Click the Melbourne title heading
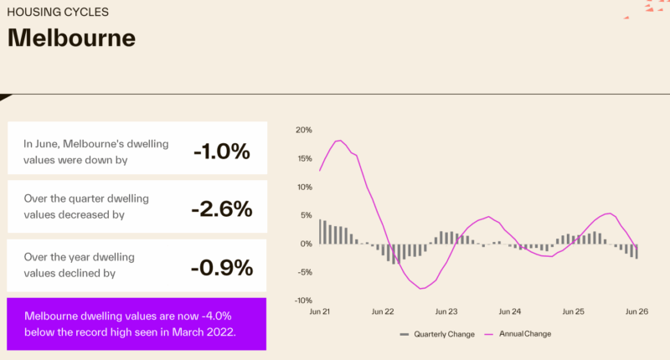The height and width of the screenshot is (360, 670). (x=71, y=38)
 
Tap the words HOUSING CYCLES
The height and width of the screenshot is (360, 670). (x=58, y=12)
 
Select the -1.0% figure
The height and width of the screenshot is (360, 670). (x=222, y=152)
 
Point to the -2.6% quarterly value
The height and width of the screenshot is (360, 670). (x=222, y=209)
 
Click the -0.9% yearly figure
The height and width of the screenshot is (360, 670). (x=222, y=268)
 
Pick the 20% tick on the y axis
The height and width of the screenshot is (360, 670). (x=304, y=130)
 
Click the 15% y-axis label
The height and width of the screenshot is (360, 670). (x=304, y=158)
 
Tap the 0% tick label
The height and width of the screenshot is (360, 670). (x=306, y=244)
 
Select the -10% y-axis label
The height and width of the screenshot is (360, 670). (x=303, y=301)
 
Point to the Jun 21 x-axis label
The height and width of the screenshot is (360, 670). (x=320, y=311)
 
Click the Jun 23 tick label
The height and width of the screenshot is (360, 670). (x=446, y=311)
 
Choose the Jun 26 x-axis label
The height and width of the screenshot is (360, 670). (x=636, y=311)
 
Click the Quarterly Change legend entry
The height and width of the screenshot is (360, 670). (x=437, y=334)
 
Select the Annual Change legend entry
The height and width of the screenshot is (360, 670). (x=518, y=334)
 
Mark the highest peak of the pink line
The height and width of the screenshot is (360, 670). (x=339, y=141)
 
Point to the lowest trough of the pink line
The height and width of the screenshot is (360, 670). (x=421, y=289)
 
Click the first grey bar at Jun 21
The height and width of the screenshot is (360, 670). (x=320, y=231)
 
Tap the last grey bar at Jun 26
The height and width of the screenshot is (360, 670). (x=636, y=251)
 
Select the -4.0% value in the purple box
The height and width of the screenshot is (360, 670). (x=216, y=316)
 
